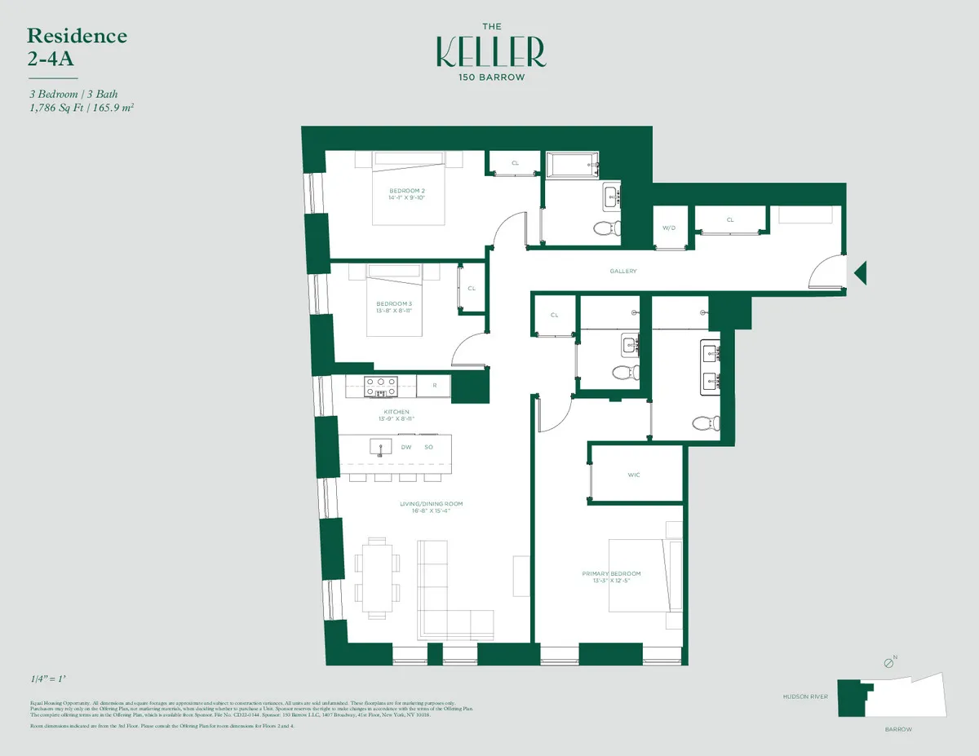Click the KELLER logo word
pos(490,51)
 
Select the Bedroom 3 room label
pos(394,307)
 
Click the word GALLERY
pos(622,271)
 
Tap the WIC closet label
pos(634,474)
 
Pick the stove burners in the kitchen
pos(380,385)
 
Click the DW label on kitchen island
pos(405,447)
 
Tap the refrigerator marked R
pos(434,385)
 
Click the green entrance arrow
pos(860,272)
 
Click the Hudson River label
pos(805,697)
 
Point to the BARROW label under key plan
pos(897,729)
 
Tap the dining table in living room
pos(378,576)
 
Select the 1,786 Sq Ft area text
pos(55,106)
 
